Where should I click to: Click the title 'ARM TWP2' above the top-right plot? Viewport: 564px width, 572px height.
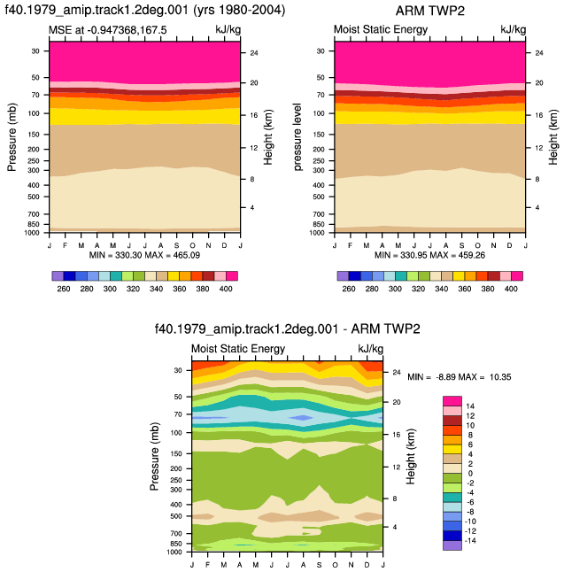429,11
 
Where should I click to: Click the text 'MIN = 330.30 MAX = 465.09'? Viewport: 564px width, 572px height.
144,255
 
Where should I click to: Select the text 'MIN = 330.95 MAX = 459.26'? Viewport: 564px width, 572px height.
429,255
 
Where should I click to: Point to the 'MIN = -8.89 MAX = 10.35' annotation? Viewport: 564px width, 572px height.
460,377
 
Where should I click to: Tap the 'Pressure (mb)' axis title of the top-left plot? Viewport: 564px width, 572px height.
12,137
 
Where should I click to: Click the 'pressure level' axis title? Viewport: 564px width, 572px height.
297,137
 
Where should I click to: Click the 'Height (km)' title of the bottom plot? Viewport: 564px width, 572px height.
411,456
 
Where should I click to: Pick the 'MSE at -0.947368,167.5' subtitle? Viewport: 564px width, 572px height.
108,29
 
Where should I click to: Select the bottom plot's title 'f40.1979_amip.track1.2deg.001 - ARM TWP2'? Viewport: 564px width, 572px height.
288,329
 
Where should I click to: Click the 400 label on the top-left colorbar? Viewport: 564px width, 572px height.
226,289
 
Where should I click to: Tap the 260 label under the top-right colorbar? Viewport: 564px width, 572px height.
349,289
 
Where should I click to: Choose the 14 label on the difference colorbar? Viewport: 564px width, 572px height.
470,406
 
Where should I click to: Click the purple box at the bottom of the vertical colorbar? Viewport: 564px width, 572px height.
452,545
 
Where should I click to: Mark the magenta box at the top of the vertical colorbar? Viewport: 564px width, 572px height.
452,401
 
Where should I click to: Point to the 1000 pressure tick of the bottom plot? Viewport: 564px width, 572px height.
174,553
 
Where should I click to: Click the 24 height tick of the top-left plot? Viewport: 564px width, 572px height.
254,53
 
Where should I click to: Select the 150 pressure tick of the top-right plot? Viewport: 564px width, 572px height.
319,135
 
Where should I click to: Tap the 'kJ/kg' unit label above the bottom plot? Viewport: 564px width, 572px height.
371,349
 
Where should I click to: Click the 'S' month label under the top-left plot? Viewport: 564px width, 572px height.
176,245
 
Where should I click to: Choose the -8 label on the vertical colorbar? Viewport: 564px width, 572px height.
470,512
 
